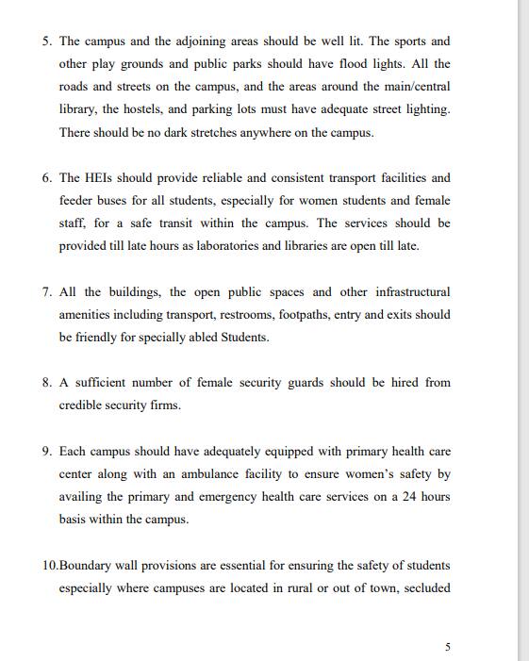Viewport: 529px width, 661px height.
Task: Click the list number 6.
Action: pos(46,177)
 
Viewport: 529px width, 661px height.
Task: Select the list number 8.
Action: pos(46,382)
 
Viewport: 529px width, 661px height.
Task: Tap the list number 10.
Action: pos(49,565)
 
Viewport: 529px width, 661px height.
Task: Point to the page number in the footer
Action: pos(447,646)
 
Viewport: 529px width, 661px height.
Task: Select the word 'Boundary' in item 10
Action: pos(87,565)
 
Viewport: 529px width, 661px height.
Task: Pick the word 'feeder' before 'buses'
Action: pos(77,200)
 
